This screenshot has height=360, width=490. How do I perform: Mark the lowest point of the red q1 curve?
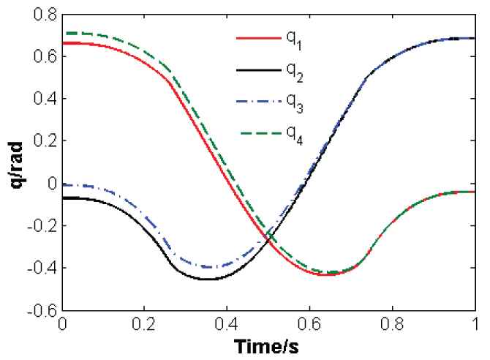[323, 274]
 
